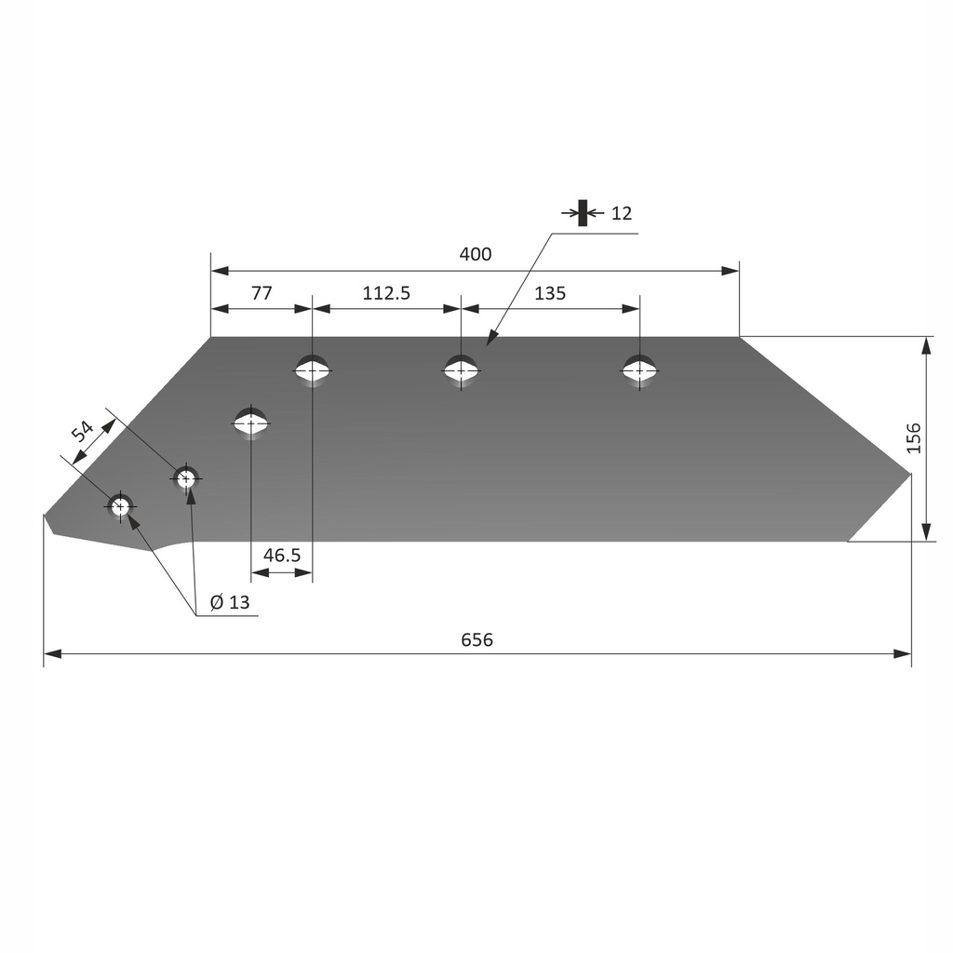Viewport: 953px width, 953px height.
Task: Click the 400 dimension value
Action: [475, 254]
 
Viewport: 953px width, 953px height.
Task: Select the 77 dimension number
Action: [262, 293]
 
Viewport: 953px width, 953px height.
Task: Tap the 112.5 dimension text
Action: [385, 293]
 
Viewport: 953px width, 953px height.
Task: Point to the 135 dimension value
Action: [550, 293]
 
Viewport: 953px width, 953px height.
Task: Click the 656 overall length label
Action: [476, 639]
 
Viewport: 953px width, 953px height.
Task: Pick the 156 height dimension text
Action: [913, 437]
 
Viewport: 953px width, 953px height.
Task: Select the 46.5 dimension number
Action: [282, 556]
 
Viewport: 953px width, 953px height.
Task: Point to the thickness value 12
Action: [621, 213]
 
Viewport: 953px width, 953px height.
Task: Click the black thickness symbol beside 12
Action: [583, 213]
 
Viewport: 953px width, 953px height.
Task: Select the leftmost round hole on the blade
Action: [120, 506]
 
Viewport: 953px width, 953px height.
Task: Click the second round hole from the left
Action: [186, 478]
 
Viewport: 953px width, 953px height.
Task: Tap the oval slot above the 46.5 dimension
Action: [251, 423]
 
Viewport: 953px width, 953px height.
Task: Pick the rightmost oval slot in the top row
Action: [639, 370]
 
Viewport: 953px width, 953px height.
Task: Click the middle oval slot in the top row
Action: [461, 370]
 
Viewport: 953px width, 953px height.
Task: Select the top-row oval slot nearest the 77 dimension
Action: [313, 370]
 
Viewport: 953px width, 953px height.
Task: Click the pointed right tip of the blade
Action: [909, 475]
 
